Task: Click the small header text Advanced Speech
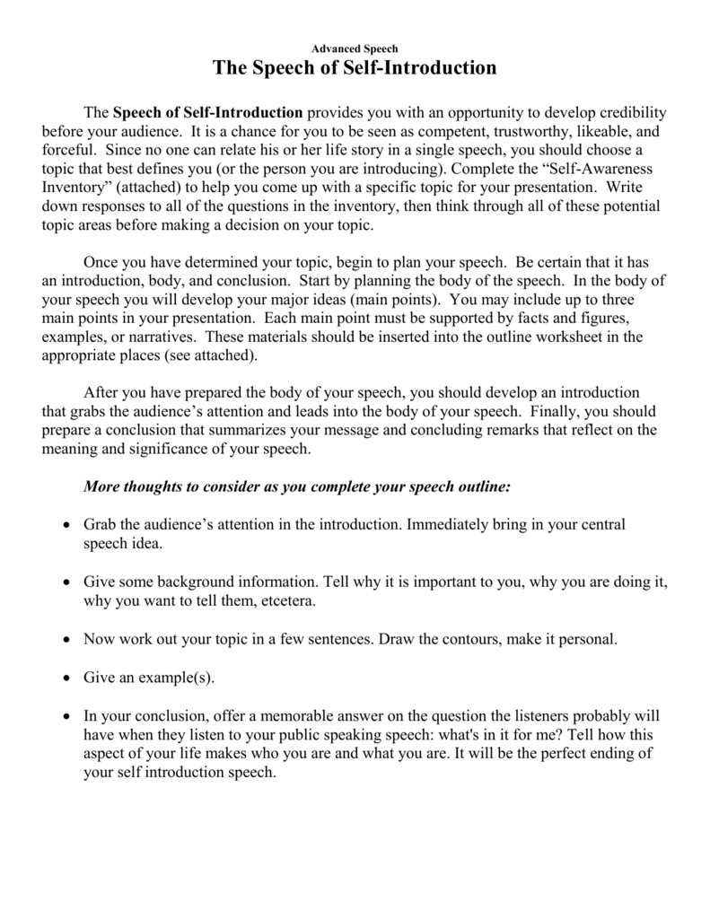[355, 48]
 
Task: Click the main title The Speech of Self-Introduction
[355, 68]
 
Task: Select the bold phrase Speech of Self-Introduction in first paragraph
[208, 113]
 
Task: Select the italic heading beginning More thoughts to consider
[296, 486]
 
